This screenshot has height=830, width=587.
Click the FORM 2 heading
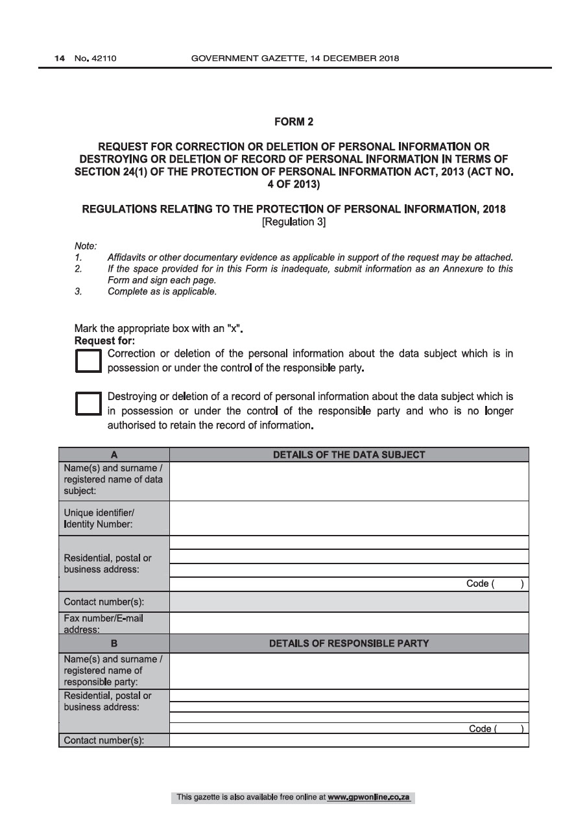[294, 121]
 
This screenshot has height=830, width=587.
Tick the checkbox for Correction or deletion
[88, 362]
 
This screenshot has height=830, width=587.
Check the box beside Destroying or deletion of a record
[88, 403]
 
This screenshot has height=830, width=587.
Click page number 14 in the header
[60, 58]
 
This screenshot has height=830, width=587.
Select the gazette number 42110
[95, 58]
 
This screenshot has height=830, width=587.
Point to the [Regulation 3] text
[294, 222]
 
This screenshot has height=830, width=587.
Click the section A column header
[114, 455]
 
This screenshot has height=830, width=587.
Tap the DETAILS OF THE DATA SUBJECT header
[349, 455]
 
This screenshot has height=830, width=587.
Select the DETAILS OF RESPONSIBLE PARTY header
[349, 644]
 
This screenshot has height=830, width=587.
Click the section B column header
[114, 644]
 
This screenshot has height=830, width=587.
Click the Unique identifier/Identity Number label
[99, 519]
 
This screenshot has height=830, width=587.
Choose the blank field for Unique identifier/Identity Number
[349, 519]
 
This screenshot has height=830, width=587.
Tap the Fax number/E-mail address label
[103, 623]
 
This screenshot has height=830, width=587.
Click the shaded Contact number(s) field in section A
[349, 602]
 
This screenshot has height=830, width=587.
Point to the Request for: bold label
[99, 340]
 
